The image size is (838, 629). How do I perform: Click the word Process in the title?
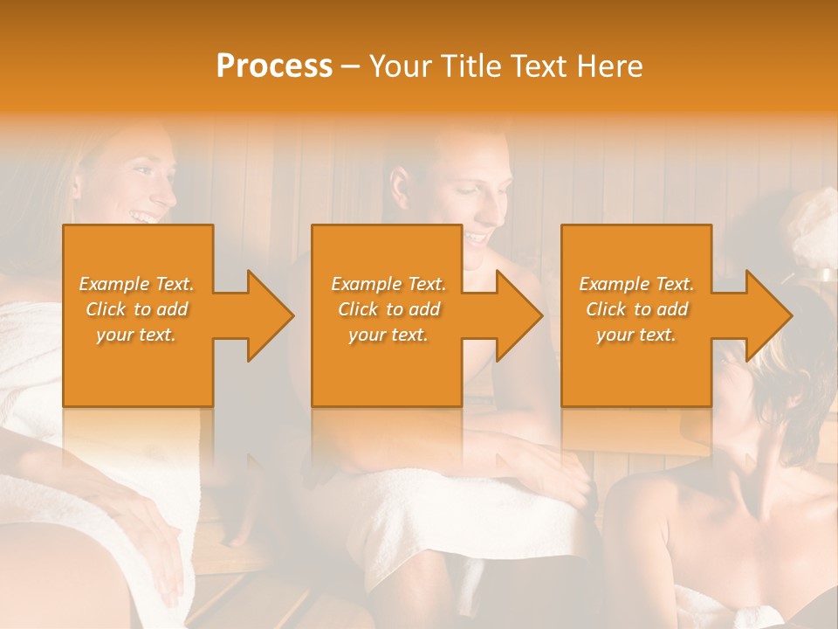click(274, 66)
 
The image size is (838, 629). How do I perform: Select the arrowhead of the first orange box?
click(265, 315)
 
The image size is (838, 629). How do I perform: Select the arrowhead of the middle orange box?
click(515, 315)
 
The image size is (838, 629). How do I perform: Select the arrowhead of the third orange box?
click(765, 315)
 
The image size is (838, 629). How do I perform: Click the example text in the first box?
click(137, 309)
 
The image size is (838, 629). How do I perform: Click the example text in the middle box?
click(388, 309)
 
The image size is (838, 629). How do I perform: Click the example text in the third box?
click(636, 309)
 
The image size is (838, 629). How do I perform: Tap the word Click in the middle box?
click(358, 309)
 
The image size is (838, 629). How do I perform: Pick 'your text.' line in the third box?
click(636, 335)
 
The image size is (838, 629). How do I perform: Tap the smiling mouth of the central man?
click(477, 237)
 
